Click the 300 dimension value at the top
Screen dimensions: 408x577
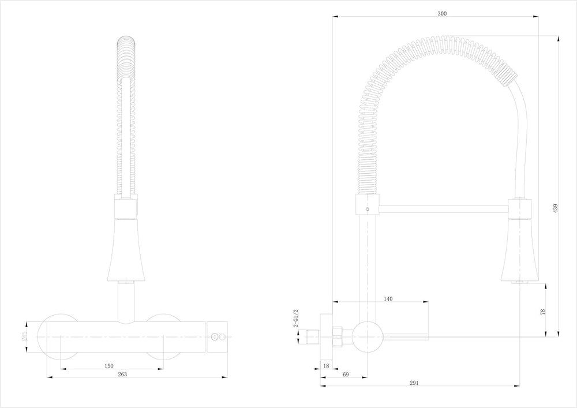coord(443,13)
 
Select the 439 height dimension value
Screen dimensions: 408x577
coord(556,209)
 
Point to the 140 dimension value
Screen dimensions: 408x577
coord(388,298)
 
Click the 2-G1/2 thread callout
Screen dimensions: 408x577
coord(295,317)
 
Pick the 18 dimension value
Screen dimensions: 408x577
coord(326,366)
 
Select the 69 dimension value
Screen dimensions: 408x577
coord(346,375)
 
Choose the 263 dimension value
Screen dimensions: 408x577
coord(122,375)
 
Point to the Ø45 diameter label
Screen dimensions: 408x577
coord(24,335)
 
